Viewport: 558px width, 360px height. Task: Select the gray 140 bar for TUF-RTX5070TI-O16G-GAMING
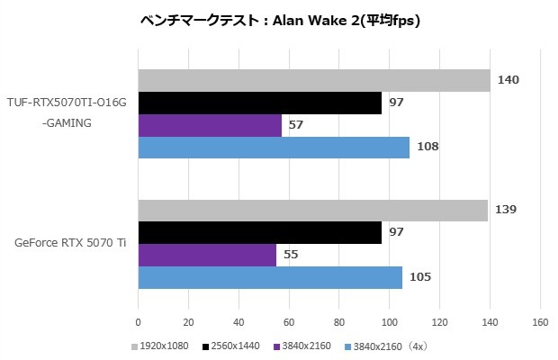[x=313, y=80]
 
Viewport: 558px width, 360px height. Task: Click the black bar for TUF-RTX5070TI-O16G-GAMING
[x=259, y=103]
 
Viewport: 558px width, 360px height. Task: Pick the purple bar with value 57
[x=209, y=125]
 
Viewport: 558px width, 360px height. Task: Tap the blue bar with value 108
[x=274, y=147]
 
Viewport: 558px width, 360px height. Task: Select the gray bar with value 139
[x=312, y=211]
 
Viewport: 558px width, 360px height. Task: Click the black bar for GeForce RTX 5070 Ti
[x=259, y=233]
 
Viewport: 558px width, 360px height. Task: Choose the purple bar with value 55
[x=207, y=255]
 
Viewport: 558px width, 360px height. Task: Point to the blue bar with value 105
[x=270, y=277]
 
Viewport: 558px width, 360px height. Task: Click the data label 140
[x=508, y=80]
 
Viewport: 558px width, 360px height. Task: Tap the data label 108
[x=427, y=147]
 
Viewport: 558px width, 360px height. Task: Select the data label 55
[x=291, y=255]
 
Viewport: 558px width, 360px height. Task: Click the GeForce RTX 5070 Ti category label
[x=70, y=244]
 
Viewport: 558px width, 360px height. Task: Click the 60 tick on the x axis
[x=288, y=321]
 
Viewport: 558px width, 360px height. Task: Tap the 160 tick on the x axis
[x=540, y=321]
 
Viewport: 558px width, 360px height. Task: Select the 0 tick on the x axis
[x=138, y=321]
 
